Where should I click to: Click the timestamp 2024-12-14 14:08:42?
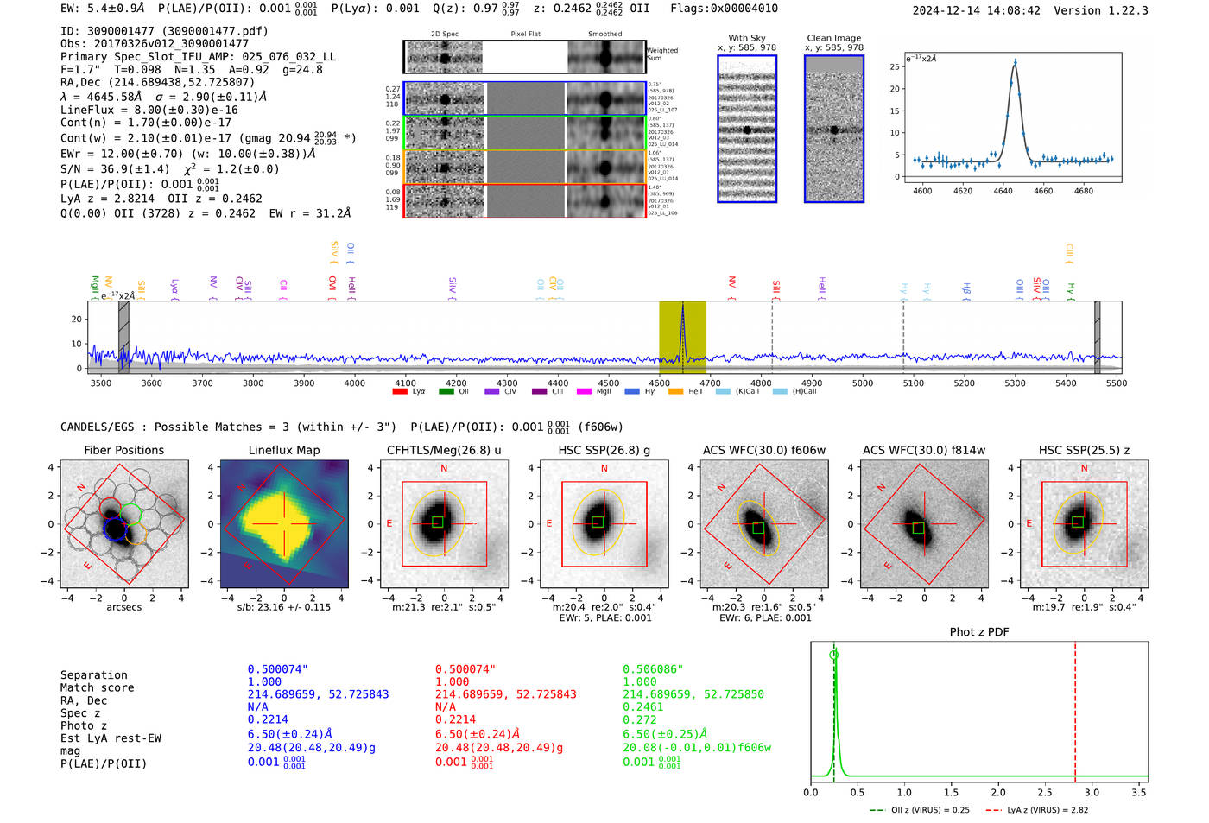click(x=976, y=11)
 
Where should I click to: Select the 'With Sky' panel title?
click(x=747, y=38)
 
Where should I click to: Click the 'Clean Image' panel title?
click(x=834, y=38)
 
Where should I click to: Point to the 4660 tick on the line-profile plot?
click(x=1043, y=191)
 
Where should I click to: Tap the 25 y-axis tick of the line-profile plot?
click(x=895, y=66)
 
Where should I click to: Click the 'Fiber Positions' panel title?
click(x=123, y=450)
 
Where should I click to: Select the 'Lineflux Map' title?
click(x=284, y=450)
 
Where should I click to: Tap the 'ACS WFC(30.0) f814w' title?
click(x=924, y=450)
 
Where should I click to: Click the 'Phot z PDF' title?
click(x=979, y=632)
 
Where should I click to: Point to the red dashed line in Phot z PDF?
click(x=1075, y=708)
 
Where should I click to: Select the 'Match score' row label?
click(x=98, y=688)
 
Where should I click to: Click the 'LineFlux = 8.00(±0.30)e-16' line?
click(x=149, y=111)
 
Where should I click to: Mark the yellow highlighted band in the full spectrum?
click(x=682, y=337)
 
